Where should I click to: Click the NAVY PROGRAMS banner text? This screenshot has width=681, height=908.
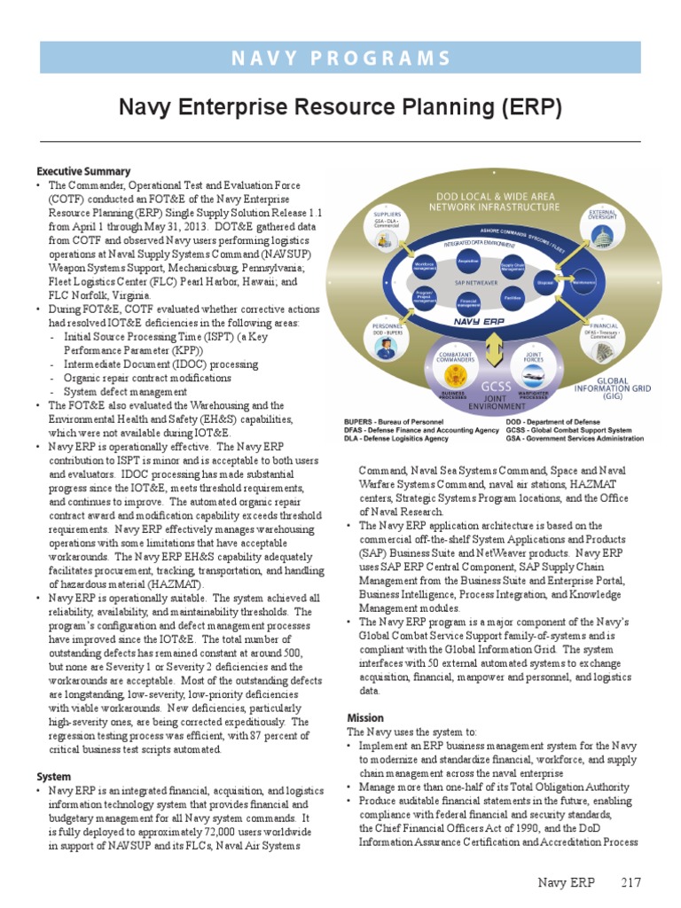pos(340,58)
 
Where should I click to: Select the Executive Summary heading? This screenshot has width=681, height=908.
pos(83,171)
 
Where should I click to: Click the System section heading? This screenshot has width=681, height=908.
pos(53,776)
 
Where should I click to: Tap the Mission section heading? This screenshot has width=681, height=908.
pos(364,717)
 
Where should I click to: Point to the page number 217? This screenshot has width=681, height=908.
pos(630,882)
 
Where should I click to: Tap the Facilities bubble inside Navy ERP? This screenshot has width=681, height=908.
pos(512,299)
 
